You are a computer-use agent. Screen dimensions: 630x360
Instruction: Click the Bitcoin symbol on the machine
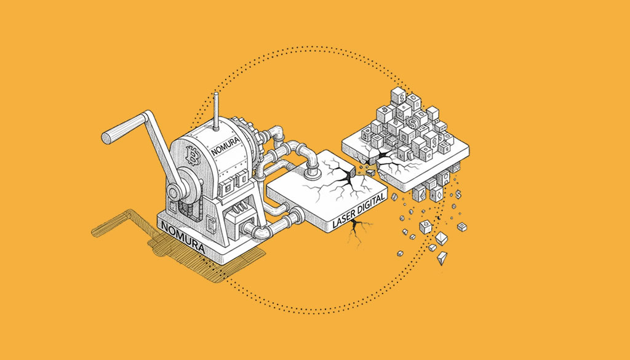coord(193,156)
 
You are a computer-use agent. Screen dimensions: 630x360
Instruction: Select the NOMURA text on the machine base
coord(183,238)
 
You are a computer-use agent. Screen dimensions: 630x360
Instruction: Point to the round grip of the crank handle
coord(122,129)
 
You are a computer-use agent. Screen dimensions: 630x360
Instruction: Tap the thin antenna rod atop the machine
coord(216,111)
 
